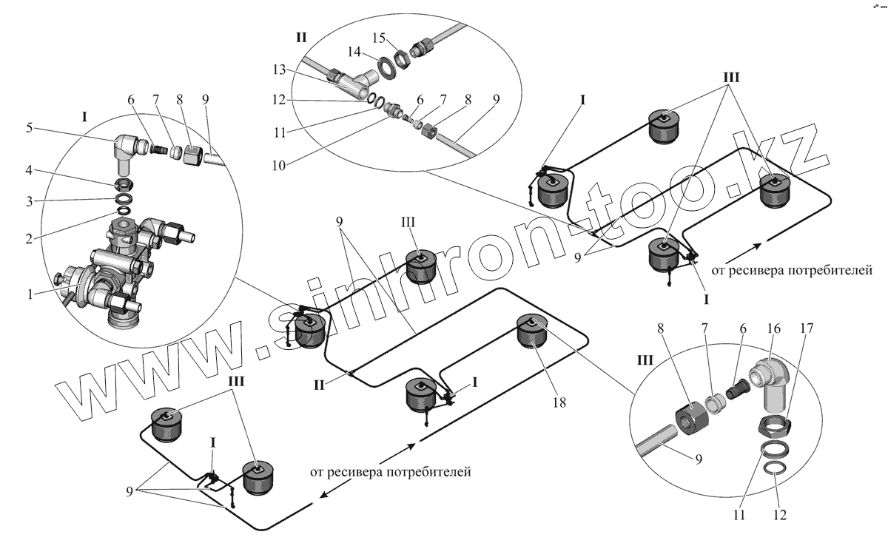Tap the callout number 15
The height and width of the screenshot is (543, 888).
click(x=380, y=38)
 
